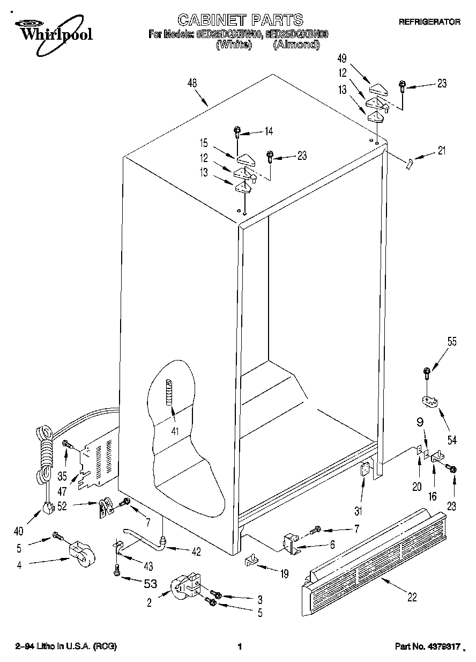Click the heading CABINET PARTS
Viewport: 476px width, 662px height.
240,20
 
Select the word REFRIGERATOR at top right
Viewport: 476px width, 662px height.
429,22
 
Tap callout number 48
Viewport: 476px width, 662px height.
192,83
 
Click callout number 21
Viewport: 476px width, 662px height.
441,151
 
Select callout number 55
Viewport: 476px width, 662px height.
452,341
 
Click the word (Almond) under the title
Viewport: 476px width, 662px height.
296,45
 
